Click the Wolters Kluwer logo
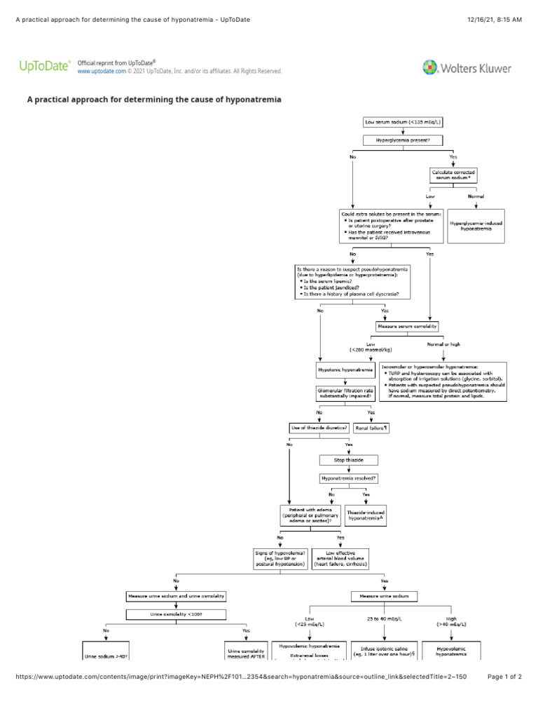click(x=467, y=68)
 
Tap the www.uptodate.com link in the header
click(x=102, y=72)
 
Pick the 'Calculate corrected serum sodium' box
click(x=455, y=175)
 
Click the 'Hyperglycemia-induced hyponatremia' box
click(x=476, y=226)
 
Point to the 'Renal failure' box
click(x=372, y=427)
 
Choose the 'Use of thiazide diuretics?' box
click(x=319, y=427)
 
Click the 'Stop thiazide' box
click(x=348, y=460)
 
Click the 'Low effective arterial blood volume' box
click(x=340, y=559)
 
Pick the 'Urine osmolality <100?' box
click(x=177, y=614)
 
